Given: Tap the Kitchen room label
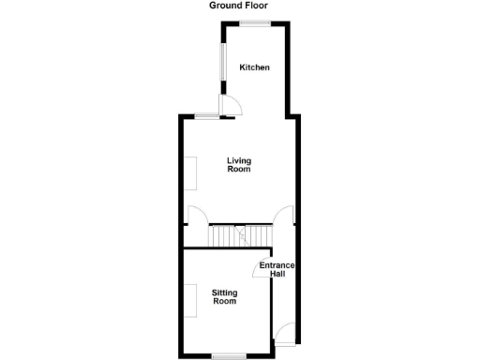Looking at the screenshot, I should point(254,67).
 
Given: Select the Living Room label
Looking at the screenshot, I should point(239,165).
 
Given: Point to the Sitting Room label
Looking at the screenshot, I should point(224,297).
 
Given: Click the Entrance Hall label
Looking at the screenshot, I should point(277,269).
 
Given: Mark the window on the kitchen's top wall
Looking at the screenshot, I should point(253,22).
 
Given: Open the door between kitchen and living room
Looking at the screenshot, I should point(231,106).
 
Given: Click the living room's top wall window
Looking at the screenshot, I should point(208,115).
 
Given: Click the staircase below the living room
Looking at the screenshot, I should point(239,236).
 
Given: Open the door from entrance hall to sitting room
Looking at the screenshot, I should point(262,267).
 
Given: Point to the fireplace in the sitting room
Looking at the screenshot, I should point(189,300).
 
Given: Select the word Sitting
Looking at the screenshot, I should point(224,292).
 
